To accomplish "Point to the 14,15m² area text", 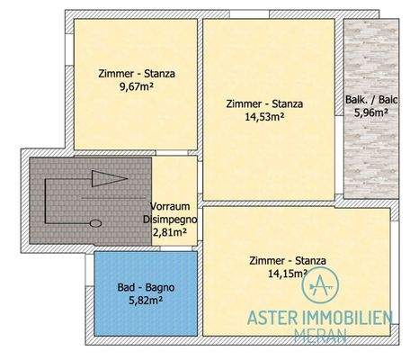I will pos(287,274).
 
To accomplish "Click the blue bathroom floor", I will pos(117,315).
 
